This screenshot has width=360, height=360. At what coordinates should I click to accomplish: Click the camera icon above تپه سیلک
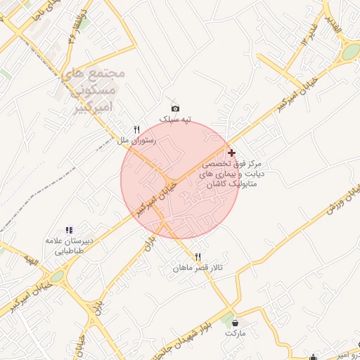pyautogui.click(x=175, y=108)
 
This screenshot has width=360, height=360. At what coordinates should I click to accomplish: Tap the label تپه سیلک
pyautogui.click(x=175, y=120)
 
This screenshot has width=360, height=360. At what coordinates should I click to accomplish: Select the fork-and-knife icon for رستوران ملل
pyautogui.click(x=137, y=129)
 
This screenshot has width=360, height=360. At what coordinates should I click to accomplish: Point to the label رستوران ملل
pyautogui.click(x=134, y=141)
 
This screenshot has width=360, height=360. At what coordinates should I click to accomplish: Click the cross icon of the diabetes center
pyautogui.click(x=232, y=152)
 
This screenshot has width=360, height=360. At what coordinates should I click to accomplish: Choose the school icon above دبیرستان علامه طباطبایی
pyautogui.click(x=69, y=230)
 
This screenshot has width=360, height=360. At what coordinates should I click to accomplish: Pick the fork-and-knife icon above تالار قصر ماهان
pyautogui.click(x=198, y=257)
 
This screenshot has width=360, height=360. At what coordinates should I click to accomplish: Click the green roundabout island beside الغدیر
pyautogui.click(x=350, y=51)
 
